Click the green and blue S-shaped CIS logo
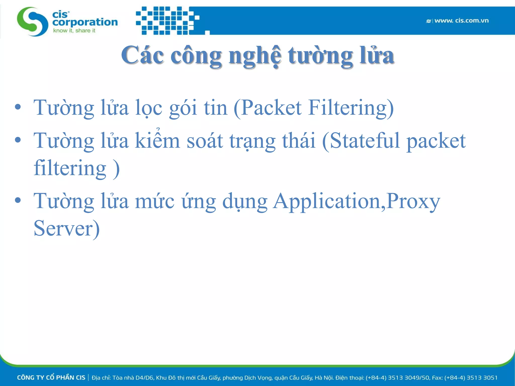point(32,22)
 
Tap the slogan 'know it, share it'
point(74,31)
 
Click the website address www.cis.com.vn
point(461,21)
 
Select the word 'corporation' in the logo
point(85,22)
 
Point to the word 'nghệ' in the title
point(255,56)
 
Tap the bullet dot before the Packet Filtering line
point(18,107)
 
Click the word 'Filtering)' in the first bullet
point(351,108)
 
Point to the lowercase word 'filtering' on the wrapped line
point(70,168)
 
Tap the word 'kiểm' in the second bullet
point(157,141)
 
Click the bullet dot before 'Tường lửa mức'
point(18,201)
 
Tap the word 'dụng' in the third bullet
point(245,202)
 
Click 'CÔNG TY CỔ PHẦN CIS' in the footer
point(51,377)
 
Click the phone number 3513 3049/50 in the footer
point(408,377)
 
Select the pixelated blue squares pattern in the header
point(167,21)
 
